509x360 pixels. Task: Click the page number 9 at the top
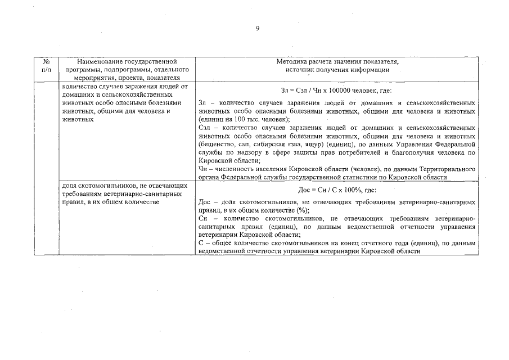pos(257,29)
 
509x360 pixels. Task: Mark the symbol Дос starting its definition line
pos(206,202)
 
